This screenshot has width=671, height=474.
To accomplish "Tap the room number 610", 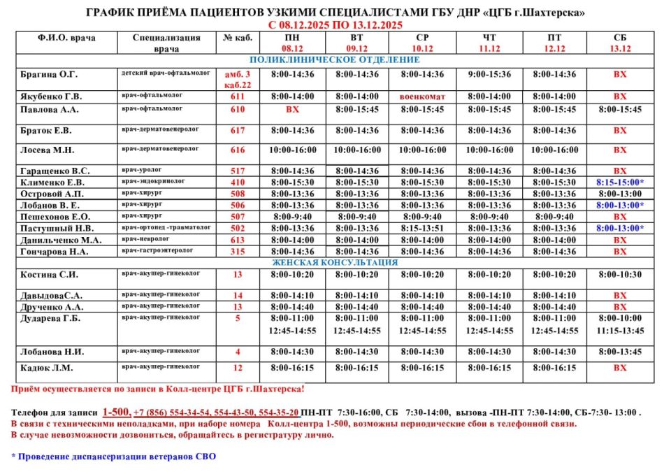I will (x=238, y=110).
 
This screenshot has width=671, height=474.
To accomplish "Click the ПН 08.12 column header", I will (x=293, y=43).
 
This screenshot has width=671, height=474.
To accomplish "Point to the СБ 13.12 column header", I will (x=619, y=43).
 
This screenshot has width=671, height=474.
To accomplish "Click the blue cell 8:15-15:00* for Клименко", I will (x=619, y=182).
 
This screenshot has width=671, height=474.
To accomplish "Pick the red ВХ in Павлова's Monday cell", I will (x=293, y=110).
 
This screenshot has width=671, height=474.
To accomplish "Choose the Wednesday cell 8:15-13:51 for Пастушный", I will (x=422, y=228).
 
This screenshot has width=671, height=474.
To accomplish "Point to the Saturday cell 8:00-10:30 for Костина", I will (x=619, y=275).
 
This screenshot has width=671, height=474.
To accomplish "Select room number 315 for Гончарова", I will (x=238, y=252).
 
